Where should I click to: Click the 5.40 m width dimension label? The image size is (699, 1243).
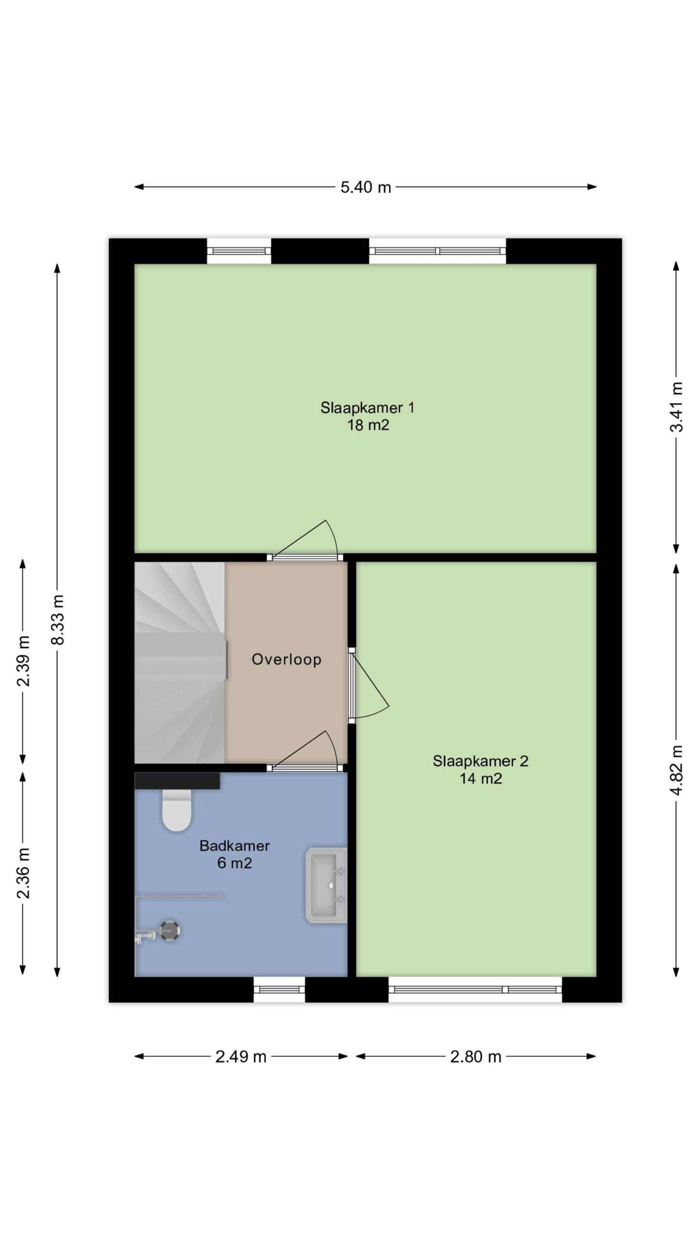366,187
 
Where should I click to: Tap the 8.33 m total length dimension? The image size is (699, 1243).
58,620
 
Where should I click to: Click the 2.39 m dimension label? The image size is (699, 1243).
23,661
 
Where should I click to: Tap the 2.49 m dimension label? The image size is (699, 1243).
241,1057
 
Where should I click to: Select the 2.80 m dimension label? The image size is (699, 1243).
476,1057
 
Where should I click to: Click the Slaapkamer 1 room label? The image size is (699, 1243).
367,416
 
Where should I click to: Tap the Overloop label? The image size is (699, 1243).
286,659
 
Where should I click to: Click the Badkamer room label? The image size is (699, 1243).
234,854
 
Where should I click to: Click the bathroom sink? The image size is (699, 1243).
326,885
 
